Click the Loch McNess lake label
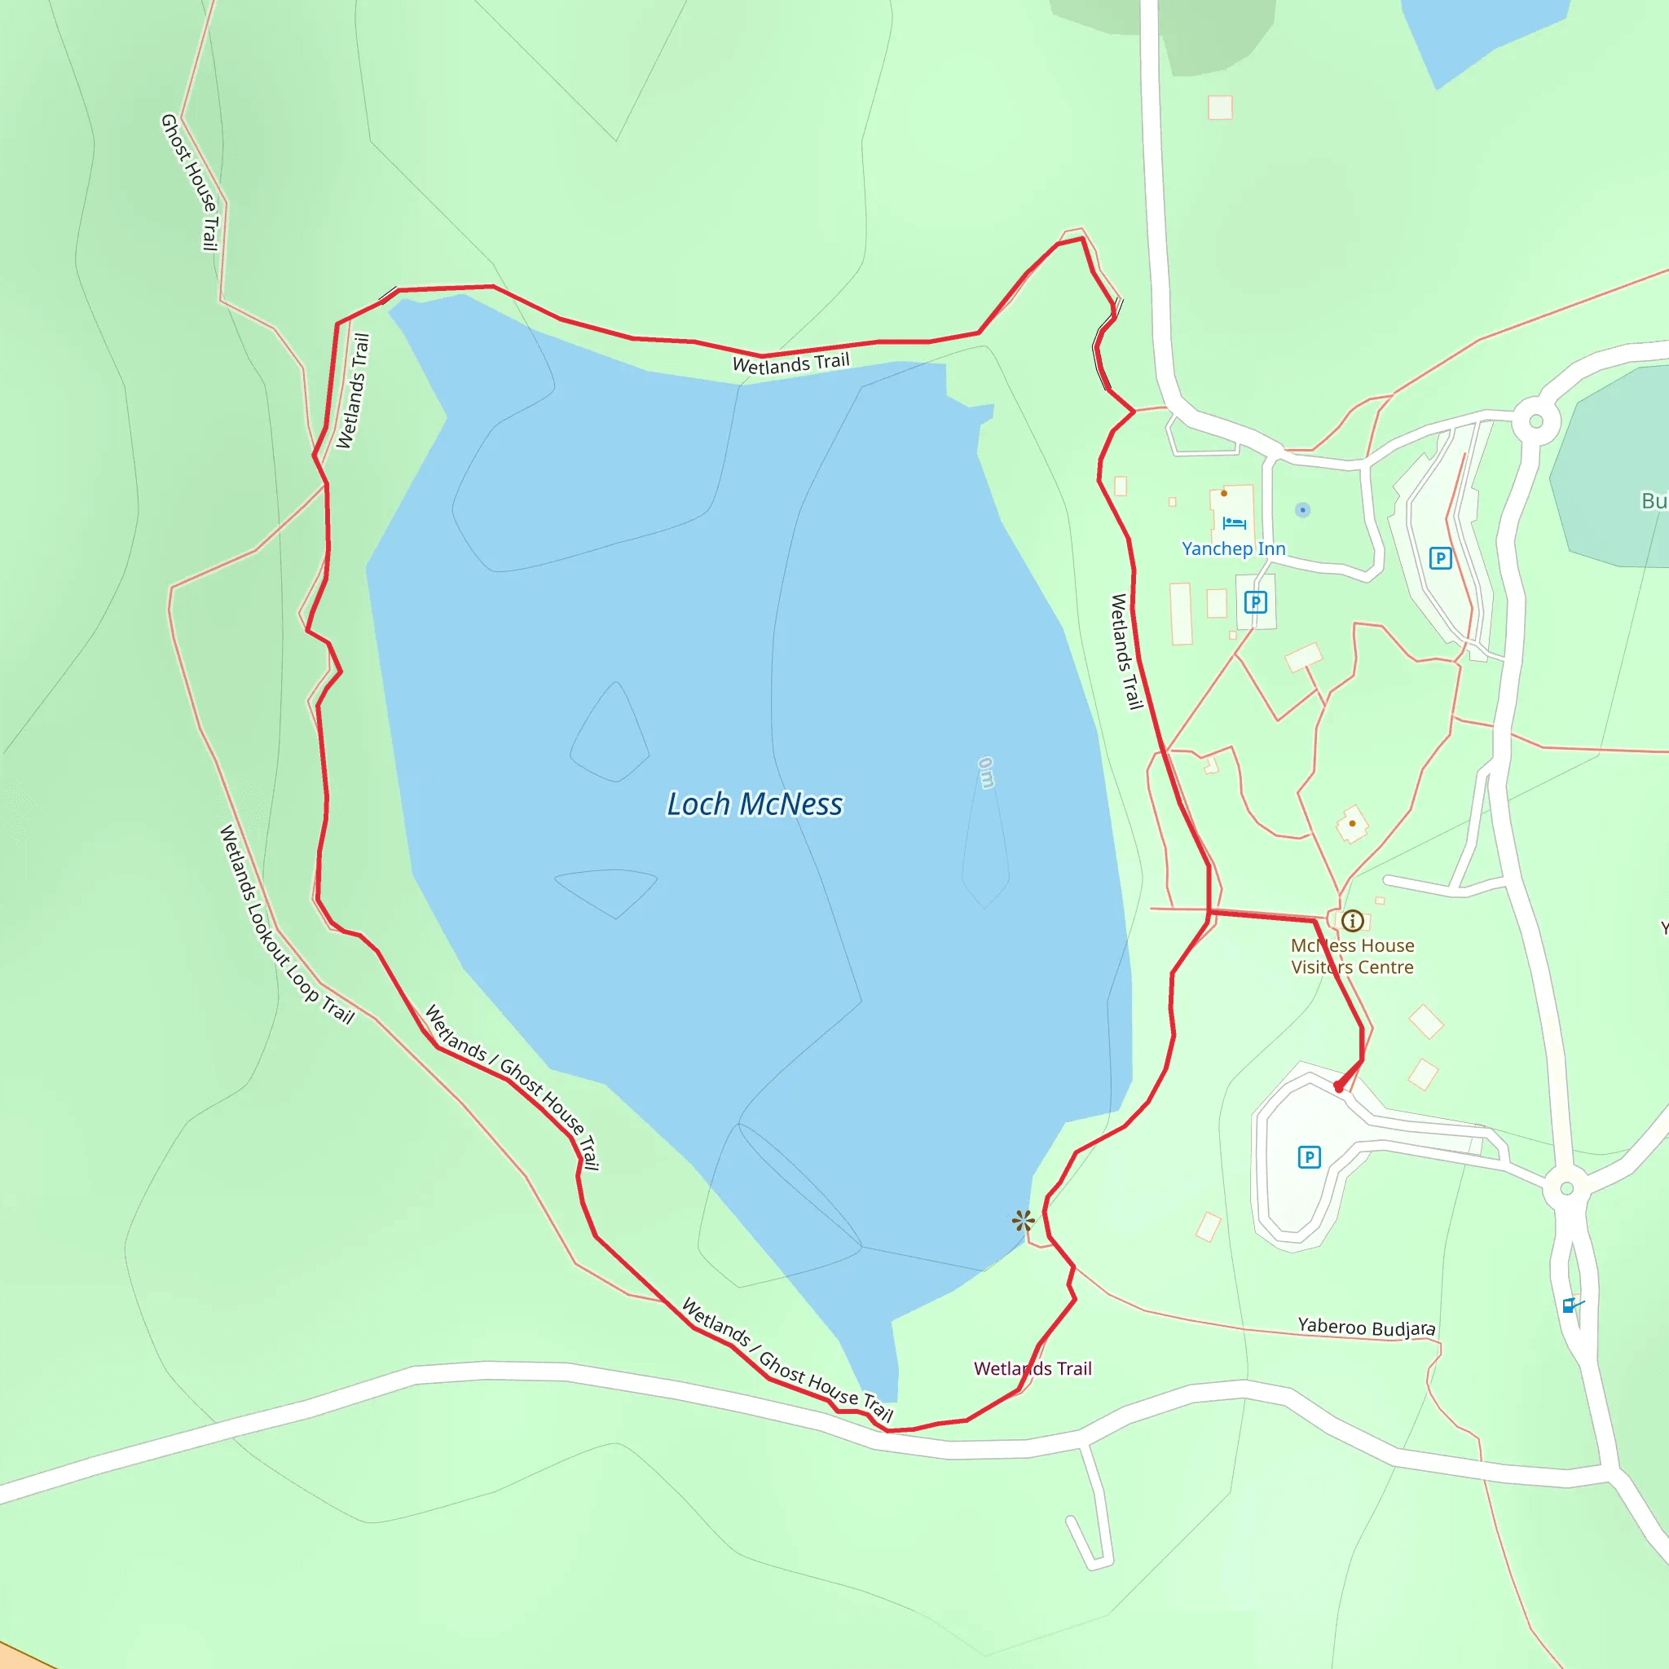point(754,804)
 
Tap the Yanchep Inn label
point(1233,548)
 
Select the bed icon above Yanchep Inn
point(1234,522)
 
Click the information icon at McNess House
point(1353,921)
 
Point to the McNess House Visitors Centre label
point(1352,956)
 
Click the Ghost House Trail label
point(190,183)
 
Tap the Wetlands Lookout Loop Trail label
point(286,924)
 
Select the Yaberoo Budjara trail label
point(1366,1328)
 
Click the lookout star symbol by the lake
point(1023,1221)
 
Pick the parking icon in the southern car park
point(1309,1156)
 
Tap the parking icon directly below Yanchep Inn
point(1255,602)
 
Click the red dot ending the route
point(1339,1088)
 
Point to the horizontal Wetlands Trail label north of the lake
point(790,363)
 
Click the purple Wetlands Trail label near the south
point(1033,1368)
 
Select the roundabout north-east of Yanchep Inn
point(1536,421)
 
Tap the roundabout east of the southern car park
point(1566,1189)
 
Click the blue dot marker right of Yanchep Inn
point(1303,509)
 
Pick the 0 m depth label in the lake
point(986,773)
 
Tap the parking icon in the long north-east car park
point(1440,558)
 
